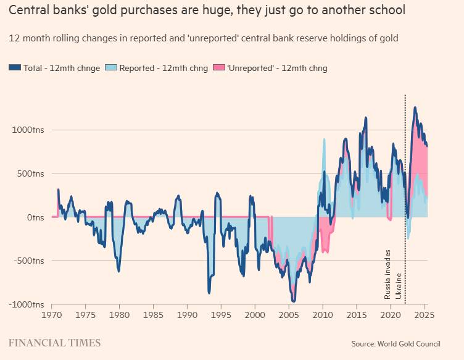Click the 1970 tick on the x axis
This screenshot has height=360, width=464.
[x=52, y=315]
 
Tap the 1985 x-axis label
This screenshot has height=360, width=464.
[x=154, y=315]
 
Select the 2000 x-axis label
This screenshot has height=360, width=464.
[x=255, y=315]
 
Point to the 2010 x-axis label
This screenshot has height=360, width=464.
[x=323, y=315]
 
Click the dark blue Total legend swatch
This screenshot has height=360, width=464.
[x=15, y=68]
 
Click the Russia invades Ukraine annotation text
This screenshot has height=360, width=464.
[x=393, y=274]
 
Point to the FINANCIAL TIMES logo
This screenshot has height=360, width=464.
[x=54, y=343]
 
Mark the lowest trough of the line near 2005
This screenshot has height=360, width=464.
[x=294, y=301]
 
